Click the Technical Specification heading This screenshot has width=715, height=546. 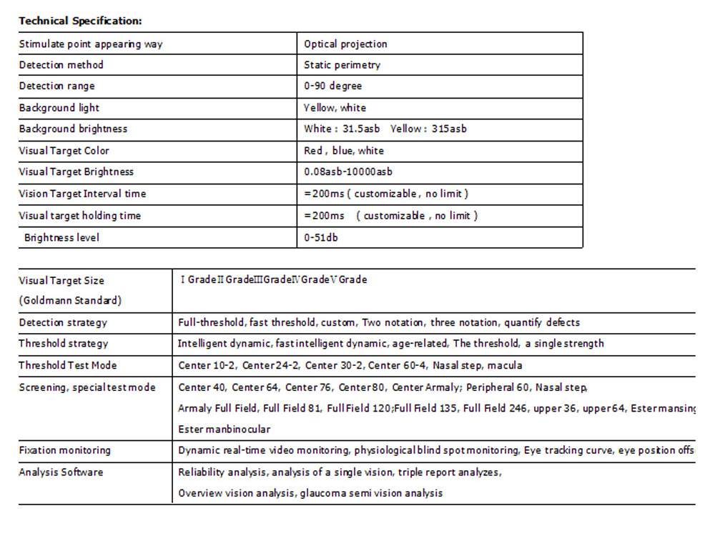tap(80, 21)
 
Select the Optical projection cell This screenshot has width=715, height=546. tap(345, 44)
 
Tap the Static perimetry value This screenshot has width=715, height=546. tap(342, 65)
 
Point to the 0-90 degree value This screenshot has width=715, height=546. tap(332, 86)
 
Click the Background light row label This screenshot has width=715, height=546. tap(59, 108)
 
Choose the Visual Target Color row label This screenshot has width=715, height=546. tap(64, 151)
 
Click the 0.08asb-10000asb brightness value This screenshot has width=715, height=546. tap(347, 172)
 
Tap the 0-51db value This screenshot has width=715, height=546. tap(320, 237)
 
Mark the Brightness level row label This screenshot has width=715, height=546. tap(61, 237)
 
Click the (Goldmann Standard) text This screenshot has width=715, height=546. tap(70, 301)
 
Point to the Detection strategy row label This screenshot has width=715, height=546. tap(63, 323)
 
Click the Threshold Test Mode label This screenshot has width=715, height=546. tap(67, 365)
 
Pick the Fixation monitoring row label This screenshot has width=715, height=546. tap(64, 450)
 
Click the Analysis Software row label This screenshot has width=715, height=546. tap(61, 472)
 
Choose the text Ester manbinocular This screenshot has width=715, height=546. tap(224, 430)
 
